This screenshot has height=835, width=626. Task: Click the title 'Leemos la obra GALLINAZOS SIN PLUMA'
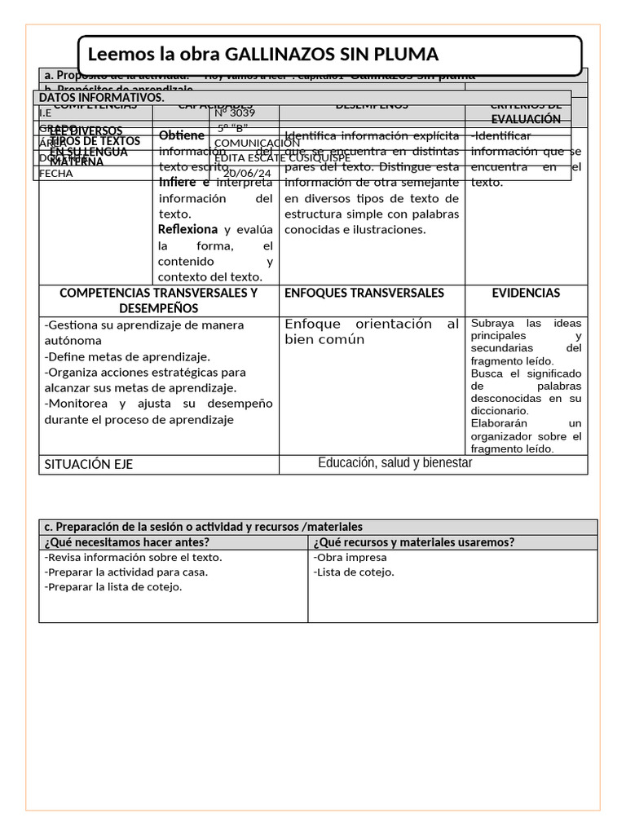[262, 55]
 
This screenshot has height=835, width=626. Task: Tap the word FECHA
[56, 173]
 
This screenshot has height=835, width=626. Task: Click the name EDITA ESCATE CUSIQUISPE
[282, 157]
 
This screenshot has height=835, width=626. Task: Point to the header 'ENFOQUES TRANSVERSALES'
[364, 293]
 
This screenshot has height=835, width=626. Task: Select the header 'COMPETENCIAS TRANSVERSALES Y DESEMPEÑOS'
[159, 301]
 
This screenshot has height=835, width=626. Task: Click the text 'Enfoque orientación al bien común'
[372, 332]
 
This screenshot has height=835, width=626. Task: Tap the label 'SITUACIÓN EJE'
[89, 464]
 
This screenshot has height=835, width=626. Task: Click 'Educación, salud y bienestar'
[395, 463]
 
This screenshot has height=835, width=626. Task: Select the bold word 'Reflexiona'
[188, 230]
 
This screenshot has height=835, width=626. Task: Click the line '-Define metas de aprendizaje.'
[127, 356]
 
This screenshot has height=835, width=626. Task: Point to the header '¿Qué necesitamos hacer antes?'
[127, 542]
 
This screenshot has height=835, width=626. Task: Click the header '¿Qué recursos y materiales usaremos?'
[414, 542]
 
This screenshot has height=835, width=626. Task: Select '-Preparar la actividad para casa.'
[126, 572]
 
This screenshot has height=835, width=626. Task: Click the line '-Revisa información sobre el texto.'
[133, 558]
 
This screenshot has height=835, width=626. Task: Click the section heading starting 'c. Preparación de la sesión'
[204, 527]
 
